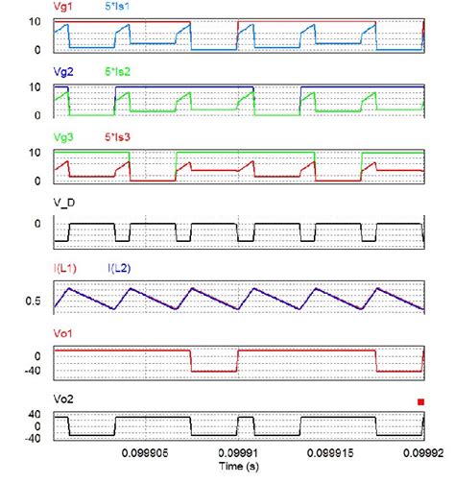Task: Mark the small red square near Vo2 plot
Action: point(419,402)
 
